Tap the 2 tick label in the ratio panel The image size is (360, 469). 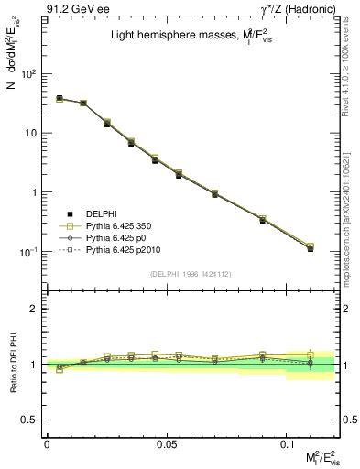[37, 309]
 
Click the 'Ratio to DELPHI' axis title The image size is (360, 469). [13, 365]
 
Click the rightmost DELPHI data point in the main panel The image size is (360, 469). [311, 248]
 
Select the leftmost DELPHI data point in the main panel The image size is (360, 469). [59, 98]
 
